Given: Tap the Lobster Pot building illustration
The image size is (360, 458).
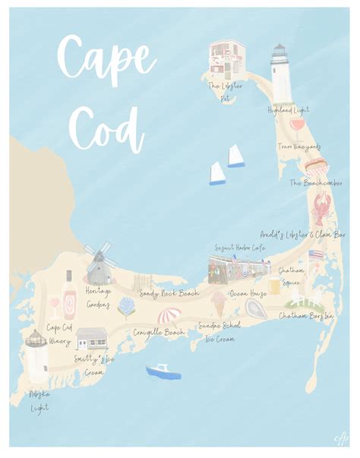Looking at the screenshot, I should [227, 57].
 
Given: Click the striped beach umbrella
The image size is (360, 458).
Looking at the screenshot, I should [169, 314].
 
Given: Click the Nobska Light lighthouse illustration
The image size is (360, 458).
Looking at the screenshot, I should [35, 356].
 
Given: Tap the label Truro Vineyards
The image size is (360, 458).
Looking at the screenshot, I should [299, 146].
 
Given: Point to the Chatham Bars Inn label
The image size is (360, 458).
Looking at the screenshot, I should [306, 315].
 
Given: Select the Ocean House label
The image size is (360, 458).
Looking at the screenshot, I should [248, 292].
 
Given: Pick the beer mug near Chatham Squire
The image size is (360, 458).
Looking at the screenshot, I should [274, 286].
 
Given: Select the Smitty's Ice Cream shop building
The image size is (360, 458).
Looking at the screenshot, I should [92, 338].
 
